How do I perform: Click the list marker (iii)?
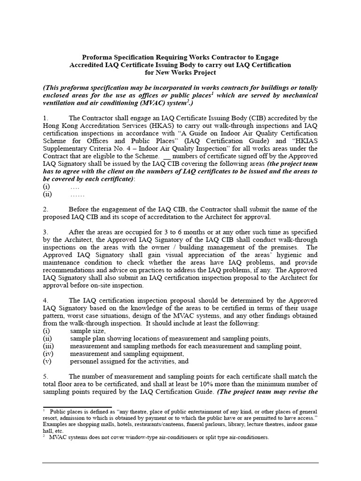coord(48,346)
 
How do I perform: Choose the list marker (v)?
coord(47,361)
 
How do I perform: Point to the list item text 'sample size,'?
coord(88,331)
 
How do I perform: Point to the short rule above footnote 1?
coord(77,408)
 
